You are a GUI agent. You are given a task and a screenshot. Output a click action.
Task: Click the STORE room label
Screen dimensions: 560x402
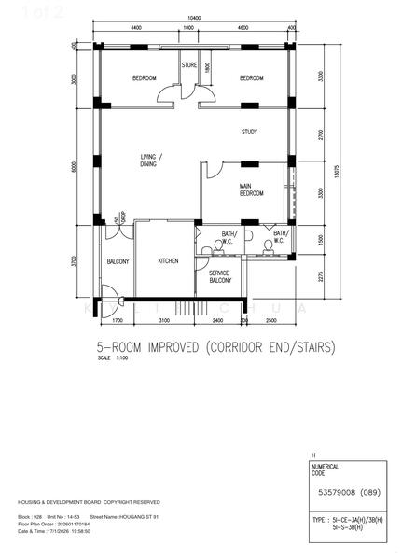(188, 65)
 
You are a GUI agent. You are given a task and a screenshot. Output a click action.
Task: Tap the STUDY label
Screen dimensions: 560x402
(249, 132)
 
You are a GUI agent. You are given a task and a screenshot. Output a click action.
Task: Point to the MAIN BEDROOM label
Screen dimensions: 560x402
(251, 189)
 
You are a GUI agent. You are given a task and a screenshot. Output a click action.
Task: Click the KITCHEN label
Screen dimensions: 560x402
(168, 261)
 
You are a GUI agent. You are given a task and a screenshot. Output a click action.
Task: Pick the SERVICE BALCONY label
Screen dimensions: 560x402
(219, 276)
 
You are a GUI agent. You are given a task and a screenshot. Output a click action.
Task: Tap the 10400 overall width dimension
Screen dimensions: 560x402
(193, 18)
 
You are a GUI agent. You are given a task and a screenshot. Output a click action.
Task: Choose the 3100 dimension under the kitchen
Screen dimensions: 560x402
(163, 320)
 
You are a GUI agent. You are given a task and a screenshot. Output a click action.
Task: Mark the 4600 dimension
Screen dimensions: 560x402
(243, 28)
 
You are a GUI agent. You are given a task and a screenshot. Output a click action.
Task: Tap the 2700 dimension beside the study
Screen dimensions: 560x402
(319, 134)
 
